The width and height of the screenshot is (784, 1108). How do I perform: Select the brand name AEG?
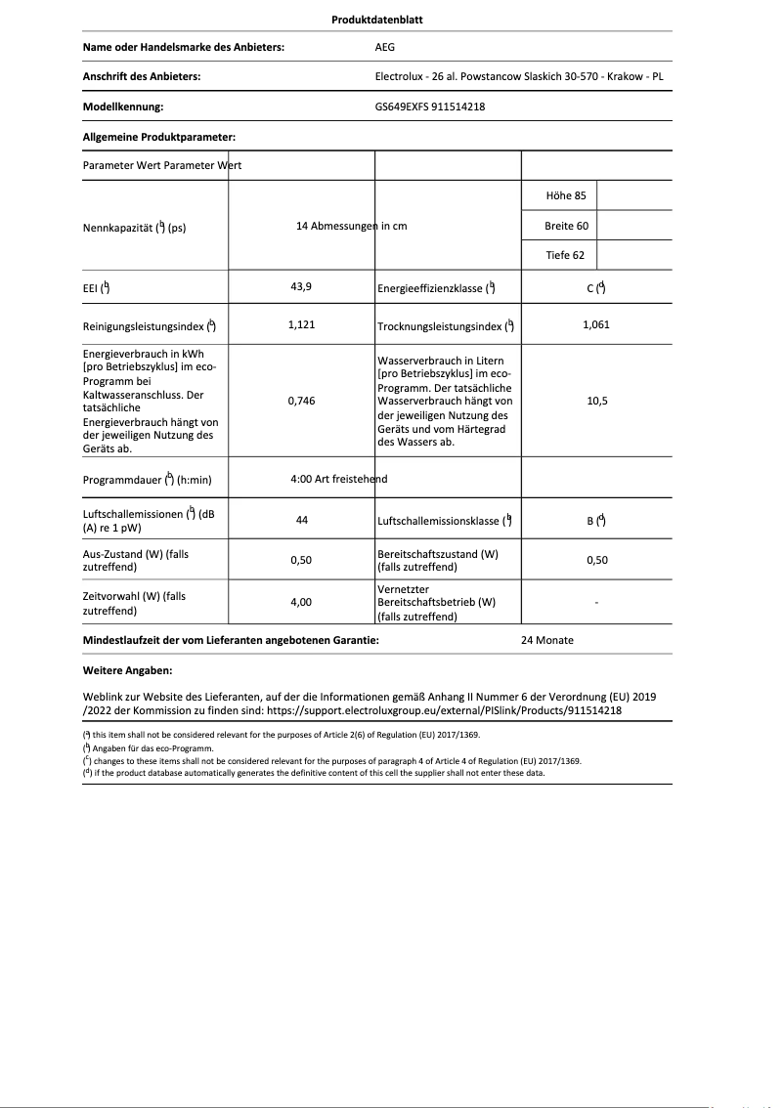[385, 47]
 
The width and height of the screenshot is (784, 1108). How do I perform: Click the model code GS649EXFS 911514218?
[429, 107]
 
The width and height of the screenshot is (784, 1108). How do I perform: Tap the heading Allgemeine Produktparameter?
[159, 138]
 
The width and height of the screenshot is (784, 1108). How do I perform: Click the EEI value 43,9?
[301, 287]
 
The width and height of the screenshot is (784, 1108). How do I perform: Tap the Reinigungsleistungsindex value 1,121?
[301, 324]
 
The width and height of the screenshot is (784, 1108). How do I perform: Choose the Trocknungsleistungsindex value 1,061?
[595, 324]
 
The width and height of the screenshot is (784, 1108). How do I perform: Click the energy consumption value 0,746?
[301, 401]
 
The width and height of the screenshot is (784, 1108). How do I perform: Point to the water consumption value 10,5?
[595, 401]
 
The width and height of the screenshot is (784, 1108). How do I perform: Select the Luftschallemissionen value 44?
[301, 521]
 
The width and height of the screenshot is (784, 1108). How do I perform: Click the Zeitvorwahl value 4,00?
[301, 603]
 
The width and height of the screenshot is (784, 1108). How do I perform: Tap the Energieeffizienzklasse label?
[436, 288]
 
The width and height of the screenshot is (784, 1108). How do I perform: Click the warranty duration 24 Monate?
[547, 641]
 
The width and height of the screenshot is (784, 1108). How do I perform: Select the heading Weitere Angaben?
[128, 671]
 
